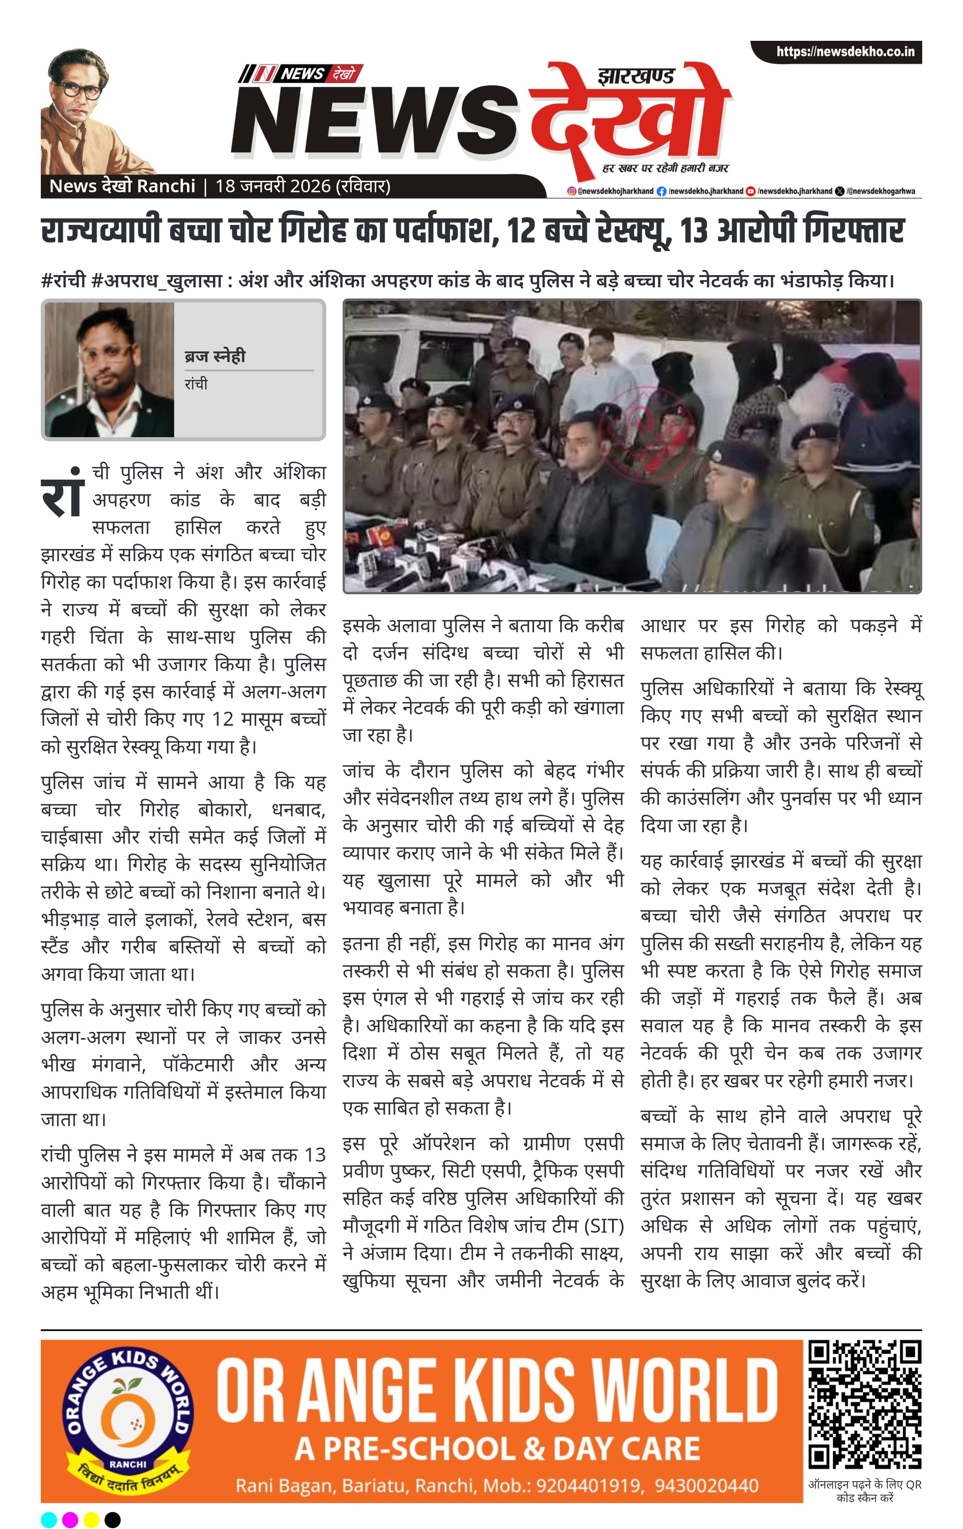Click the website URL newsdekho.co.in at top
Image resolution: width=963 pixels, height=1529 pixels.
[845, 52]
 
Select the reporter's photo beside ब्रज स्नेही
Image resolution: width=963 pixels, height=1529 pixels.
[109, 369]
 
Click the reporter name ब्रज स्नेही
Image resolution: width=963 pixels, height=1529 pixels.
[215, 356]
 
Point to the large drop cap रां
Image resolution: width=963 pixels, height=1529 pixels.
[62, 493]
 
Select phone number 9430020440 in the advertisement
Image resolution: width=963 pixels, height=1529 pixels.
[706, 1486]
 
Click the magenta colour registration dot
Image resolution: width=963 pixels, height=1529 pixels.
[70, 1520]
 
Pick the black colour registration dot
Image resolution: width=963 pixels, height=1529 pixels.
[112, 1520]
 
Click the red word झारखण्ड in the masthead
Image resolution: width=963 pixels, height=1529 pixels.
[635, 76]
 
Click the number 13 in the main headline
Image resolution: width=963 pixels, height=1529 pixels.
[694, 231]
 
